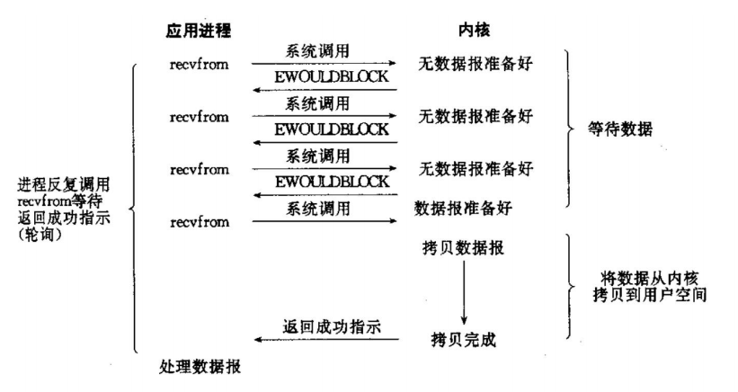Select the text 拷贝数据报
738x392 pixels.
coord(462,246)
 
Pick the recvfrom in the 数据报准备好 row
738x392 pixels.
coord(199,219)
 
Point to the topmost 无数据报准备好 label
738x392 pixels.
coord(476,65)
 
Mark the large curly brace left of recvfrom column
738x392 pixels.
coord(135,209)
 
